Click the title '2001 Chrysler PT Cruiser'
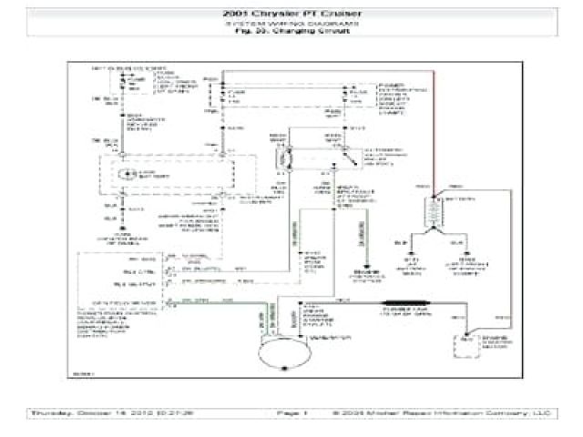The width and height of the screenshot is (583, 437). coord(291,15)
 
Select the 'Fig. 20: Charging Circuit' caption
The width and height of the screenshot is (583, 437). coord(291,31)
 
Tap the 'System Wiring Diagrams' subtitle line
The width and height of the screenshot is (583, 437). coord(291,24)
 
